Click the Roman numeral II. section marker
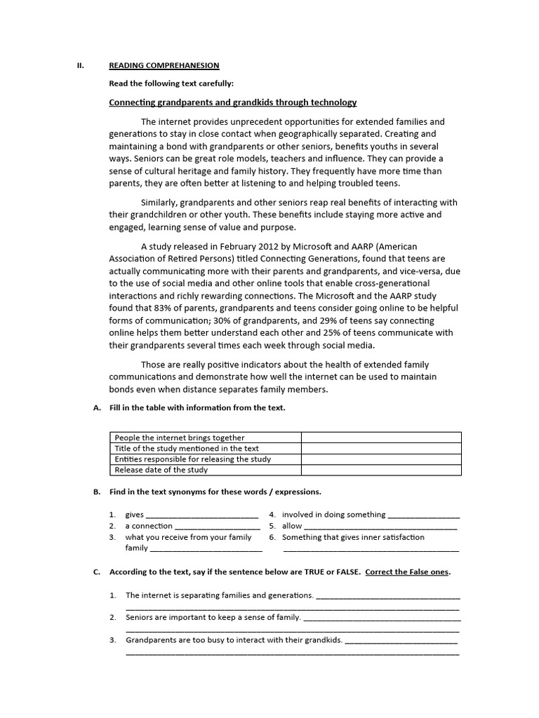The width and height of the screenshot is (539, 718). (80, 65)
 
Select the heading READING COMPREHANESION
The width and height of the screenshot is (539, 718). (164, 65)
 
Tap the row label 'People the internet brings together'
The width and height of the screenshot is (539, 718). (180, 438)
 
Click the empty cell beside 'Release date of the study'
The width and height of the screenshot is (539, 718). (381, 470)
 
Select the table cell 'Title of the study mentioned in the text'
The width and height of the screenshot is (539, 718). (187, 448)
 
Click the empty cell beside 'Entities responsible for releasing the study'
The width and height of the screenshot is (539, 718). (381, 459)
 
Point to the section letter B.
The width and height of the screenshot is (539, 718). (96, 492)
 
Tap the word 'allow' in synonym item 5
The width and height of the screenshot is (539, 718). (292, 526)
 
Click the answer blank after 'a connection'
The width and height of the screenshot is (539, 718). (217, 527)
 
